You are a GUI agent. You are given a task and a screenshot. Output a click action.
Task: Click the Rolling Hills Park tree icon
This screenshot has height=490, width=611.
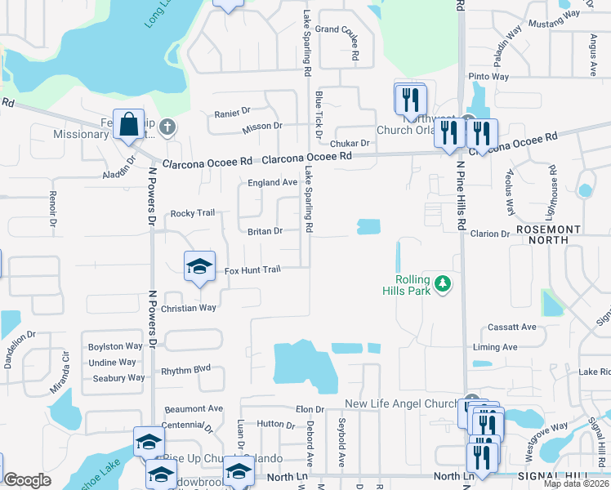tap(443, 283)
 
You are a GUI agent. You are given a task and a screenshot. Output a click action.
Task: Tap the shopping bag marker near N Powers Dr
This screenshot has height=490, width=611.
tap(129, 125)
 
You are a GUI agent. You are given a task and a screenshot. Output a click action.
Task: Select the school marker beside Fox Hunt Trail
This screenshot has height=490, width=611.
tap(199, 267)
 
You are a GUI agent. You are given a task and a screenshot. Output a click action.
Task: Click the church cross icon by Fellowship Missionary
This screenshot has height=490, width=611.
tap(167, 127)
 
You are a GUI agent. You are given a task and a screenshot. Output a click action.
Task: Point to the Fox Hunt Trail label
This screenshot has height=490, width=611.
tap(252, 269)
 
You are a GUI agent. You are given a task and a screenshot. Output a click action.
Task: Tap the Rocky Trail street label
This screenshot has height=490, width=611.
tap(193, 213)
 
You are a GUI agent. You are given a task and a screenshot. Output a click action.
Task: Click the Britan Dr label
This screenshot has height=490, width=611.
tap(265, 231)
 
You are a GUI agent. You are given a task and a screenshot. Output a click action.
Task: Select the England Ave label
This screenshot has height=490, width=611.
tap(273, 182)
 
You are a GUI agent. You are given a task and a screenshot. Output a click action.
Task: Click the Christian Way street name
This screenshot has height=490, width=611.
tap(189, 308)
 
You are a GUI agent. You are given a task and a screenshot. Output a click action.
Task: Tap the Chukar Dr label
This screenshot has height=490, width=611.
tap(354, 143)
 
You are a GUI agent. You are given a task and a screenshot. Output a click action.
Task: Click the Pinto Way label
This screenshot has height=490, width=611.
tap(488, 77)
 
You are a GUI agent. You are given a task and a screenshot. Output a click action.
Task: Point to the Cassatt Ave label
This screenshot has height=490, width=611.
tap(511, 327)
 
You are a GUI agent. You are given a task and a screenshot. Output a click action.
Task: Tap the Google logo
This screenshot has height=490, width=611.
tap(27, 480)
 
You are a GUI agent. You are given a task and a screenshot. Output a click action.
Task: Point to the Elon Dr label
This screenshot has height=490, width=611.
tap(310, 409)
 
